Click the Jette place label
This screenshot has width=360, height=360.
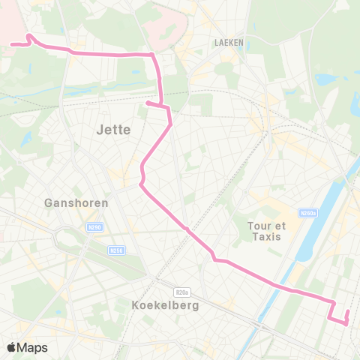pos(114,129)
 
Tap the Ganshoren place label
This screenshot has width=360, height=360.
pos(76,202)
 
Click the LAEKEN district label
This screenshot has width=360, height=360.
pos(229,43)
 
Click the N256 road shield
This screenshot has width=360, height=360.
pos(115,250)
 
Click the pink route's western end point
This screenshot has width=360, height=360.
pos(11,44)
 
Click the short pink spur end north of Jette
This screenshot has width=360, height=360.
pos(147,103)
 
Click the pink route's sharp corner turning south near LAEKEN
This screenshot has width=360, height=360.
pos(152,55)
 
